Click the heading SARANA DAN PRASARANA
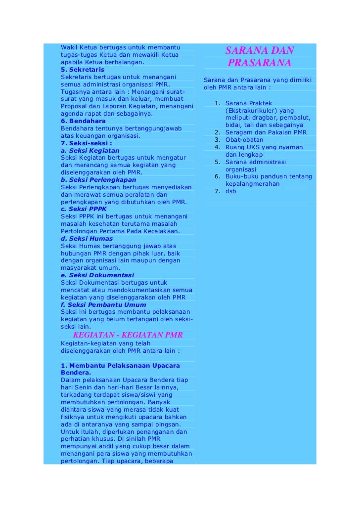click(260, 57)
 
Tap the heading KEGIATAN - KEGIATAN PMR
click(128, 335)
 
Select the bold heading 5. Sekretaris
click(80, 70)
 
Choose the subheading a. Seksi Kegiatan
click(90, 150)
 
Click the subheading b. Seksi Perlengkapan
click(98, 180)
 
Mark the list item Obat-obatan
click(244, 140)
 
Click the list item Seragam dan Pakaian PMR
click(266, 132)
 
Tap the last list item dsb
click(230, 191)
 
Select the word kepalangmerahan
click(252, 184)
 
